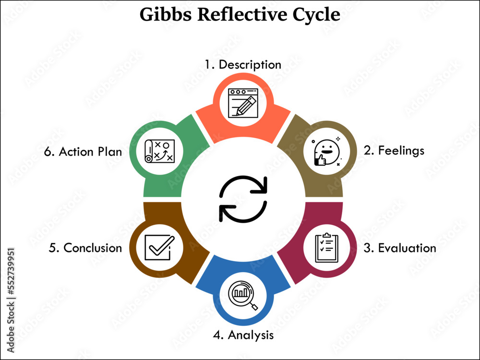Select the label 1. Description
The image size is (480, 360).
coord(243,64)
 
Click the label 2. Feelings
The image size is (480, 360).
coord(394,150)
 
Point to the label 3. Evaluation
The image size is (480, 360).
coord(400,248)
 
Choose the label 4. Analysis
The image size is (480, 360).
coord(243,334)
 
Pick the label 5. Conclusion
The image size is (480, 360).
coord(85,248)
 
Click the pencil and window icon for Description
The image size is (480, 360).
coord(243,103)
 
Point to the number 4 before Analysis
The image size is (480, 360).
coord(216,334)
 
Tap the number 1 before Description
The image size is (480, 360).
coord(208,64)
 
